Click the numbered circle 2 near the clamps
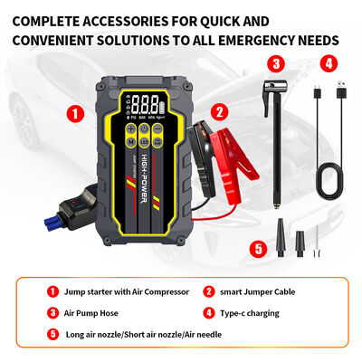pyautogui.click(x=218, y=112)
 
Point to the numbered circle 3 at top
pyautogui.click(x=277, y=63)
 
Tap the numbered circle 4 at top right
pyautogui.click(x=329, y=63)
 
